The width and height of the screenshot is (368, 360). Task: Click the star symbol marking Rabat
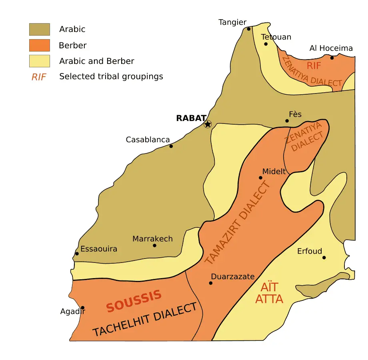(x=208, y=124)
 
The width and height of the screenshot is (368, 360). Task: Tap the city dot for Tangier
(x=249, y=29)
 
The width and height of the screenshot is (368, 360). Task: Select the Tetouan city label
(x=276, y=37)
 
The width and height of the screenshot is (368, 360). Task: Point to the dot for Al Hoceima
(x=332, y=58)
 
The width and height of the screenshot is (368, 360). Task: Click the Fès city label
(x=295, y=114)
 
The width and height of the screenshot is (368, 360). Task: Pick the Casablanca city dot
(x=171, y=146)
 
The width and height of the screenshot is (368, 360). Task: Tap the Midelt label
(x=274, y=171)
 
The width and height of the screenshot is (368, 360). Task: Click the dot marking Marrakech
(x=154, y=245)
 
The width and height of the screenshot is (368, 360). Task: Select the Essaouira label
(x=99, y=249)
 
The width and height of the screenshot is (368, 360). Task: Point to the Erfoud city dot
(x=324, y=258)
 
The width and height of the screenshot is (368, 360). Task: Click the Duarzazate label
(x=233, y=276)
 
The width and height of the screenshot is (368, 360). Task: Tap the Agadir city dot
(x=83, y=308)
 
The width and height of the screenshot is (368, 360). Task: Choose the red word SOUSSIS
(x=134, y=301)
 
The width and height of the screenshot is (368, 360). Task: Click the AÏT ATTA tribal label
(x=269, y=292)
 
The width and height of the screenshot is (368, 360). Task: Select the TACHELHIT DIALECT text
(x=145, y=320)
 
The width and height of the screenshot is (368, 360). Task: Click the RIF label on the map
(x=314, y=66)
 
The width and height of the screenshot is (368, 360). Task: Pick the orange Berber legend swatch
(x=39, y=45)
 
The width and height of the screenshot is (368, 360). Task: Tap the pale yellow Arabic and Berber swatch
(x=39, y=61)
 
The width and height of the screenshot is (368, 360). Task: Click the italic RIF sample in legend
(x=39, y=77)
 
